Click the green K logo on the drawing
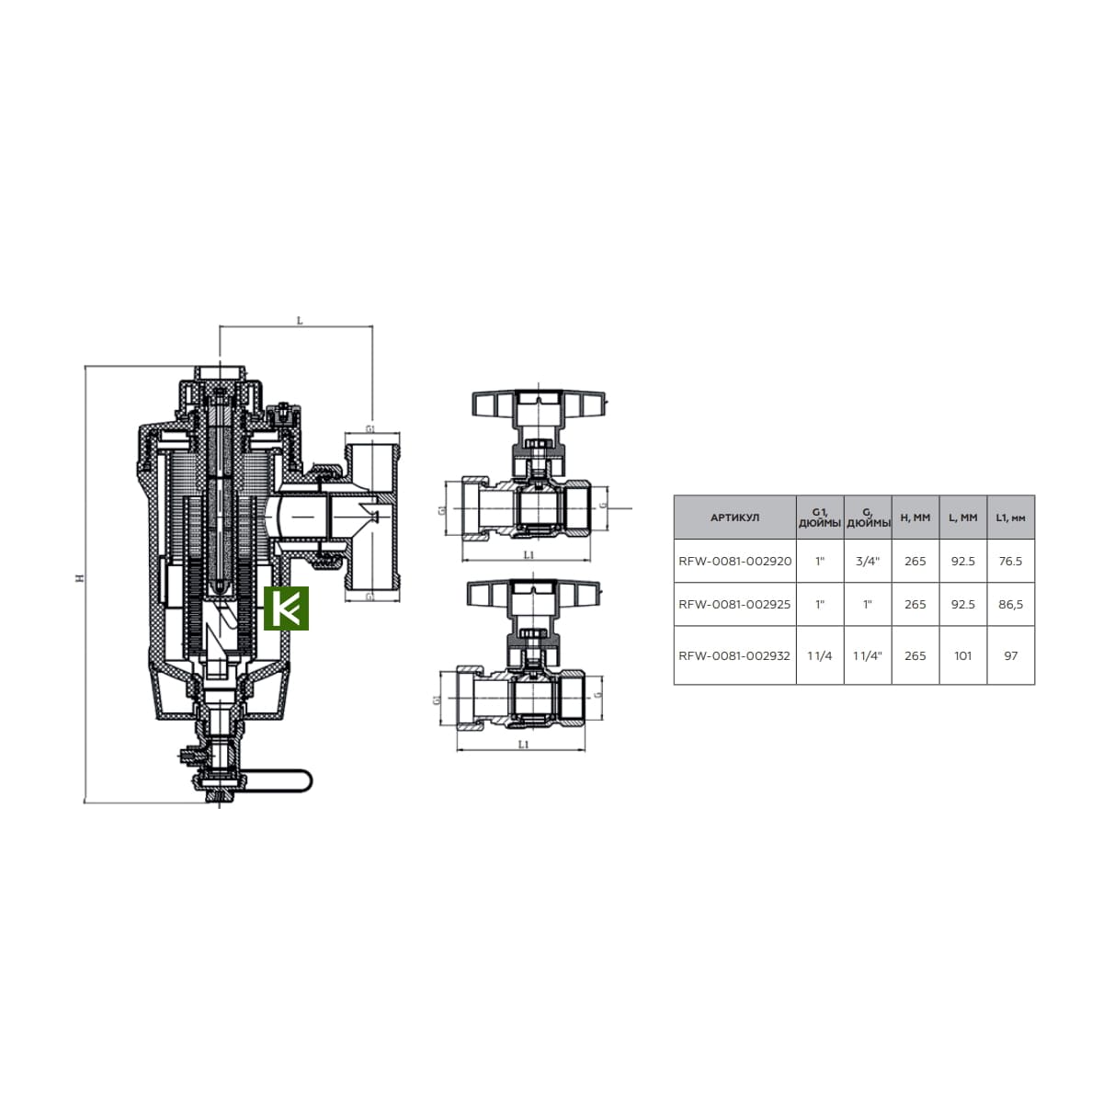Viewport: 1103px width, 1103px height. tap(286, 608)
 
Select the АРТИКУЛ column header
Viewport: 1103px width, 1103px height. tap(734, 517)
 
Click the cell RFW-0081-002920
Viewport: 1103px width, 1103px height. tap(734, 561)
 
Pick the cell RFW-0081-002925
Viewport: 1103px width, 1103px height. tap(734, 604)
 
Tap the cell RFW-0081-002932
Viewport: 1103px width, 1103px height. tap(734, 655)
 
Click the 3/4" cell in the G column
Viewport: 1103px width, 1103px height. tap(867, 561)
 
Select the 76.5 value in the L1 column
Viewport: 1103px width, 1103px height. tap(1010, 561)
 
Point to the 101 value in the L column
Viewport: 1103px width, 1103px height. tap(962, 655)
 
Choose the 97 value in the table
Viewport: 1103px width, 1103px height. tap(1011, 655)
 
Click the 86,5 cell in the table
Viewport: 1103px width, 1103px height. tap(1010, 604)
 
